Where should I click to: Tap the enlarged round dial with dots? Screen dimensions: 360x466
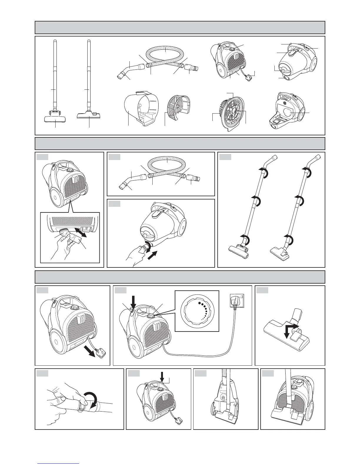(197, 311)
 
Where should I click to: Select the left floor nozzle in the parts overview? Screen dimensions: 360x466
(55, 118)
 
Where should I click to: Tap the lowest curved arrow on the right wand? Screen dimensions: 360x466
(289, 240)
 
